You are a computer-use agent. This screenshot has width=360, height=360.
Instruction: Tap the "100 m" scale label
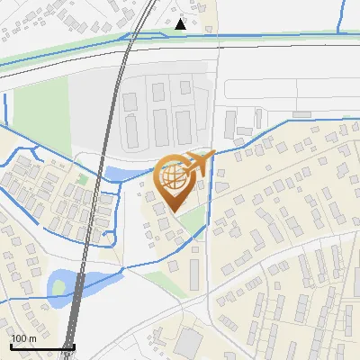tap(23, 337)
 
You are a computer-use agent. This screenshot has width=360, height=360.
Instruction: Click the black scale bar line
tap(41, 346)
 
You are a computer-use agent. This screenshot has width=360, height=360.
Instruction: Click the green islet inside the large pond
tap(59, 287)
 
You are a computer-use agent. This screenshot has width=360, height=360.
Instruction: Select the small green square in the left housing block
tap(82, 179)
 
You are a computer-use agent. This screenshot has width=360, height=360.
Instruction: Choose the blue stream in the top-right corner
tap(343, 18)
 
